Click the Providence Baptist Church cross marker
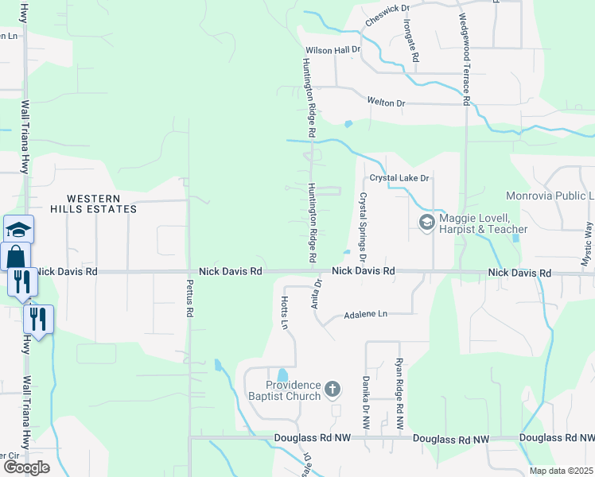point(332,390)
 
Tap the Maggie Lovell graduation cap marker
point(426,221)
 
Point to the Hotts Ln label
point(283,312)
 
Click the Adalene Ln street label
point(365,315)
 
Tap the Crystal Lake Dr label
point(399,178)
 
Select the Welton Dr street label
point(386,103)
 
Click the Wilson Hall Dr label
point(333,49)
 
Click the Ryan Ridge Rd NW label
point(399,384)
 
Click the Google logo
point(25,467)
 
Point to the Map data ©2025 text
point(562,471)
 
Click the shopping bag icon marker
point(16,257)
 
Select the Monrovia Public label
point(549,196)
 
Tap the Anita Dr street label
point(317,293)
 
